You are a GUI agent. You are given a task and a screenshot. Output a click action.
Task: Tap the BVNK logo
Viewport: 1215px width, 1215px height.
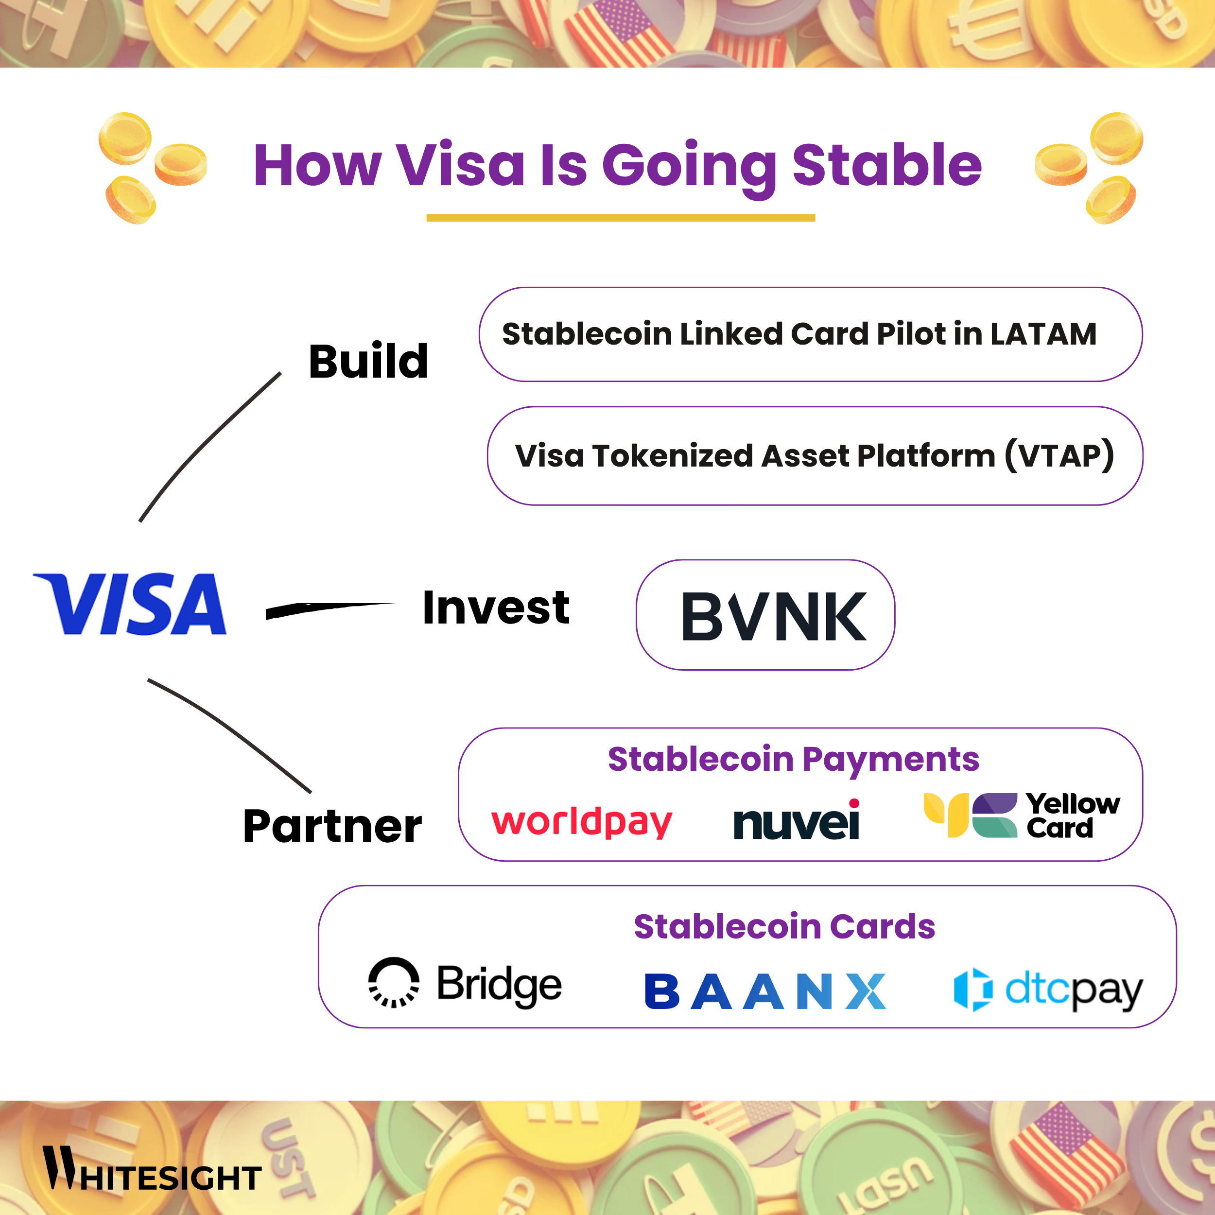(x=774, y=617)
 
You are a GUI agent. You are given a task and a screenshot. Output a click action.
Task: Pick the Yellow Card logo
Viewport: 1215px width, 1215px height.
(x=1021, y=816)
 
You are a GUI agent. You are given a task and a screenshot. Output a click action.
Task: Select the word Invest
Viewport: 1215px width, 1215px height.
(x=496, y=607)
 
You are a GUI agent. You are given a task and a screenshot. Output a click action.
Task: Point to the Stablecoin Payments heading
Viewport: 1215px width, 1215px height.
(x=793, y=759)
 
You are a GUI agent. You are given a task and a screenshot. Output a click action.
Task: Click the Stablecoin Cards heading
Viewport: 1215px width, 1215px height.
(x=784, y=926)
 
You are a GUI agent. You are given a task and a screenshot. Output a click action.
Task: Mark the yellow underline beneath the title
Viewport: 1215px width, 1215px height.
(x=620, y=218)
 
